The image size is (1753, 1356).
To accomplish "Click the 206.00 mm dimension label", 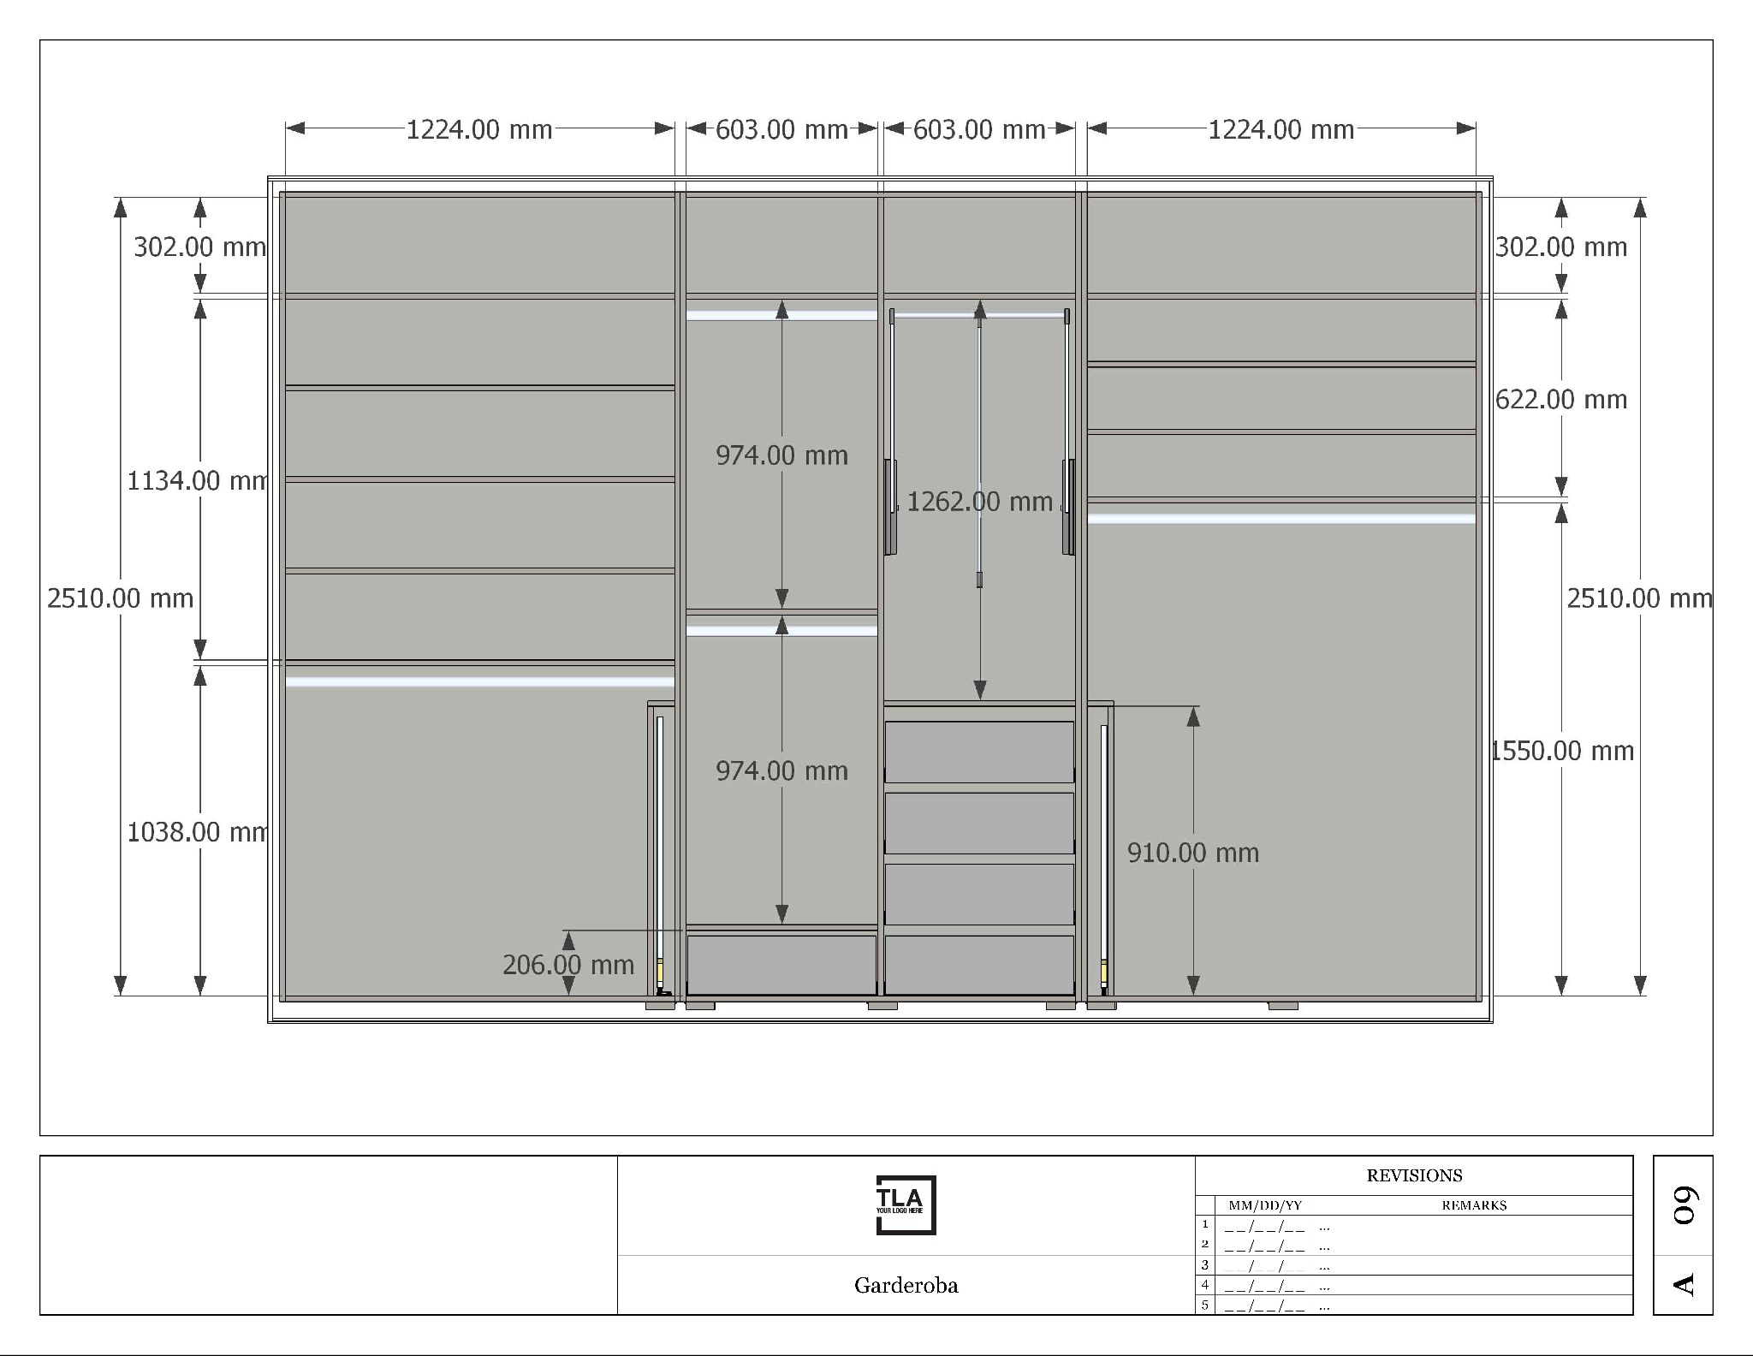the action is tap(568, 965).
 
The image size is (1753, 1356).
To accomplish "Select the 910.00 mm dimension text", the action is tap(1193, 853).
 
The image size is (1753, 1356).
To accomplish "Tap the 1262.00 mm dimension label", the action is tap(979, 502).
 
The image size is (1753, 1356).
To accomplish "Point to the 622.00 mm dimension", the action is tap(1561, 400).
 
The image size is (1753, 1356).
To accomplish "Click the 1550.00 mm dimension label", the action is tap(1563, 751).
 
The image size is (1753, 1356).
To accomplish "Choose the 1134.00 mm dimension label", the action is tap(198, 481).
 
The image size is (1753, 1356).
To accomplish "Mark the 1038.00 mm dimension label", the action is tap(198, 832).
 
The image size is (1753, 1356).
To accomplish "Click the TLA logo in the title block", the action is tap(906, 1204).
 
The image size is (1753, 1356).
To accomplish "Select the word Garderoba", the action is tap(906, 1285).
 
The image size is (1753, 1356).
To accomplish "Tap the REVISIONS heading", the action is tap(1414, 1175).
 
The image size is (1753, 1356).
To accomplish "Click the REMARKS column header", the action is tap(1474, 1205).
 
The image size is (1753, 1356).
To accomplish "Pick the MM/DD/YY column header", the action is tap(1265, 1205).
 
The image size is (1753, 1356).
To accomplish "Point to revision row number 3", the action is tap(1205, 1264).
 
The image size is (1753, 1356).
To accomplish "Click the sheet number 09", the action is tap(1684, 1205).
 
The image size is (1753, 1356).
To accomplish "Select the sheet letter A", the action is tap(1684, 1284).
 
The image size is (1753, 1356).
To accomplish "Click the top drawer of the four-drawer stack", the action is tap(979, 752).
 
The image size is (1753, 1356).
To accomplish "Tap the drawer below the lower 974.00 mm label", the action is tap(781, 965).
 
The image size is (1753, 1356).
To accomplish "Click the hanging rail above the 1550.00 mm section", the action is tap(1281, 519).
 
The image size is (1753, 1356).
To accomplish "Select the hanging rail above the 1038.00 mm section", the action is tap(479, 681).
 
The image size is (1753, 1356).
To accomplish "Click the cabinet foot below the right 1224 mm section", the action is tap(1282, 1005).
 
